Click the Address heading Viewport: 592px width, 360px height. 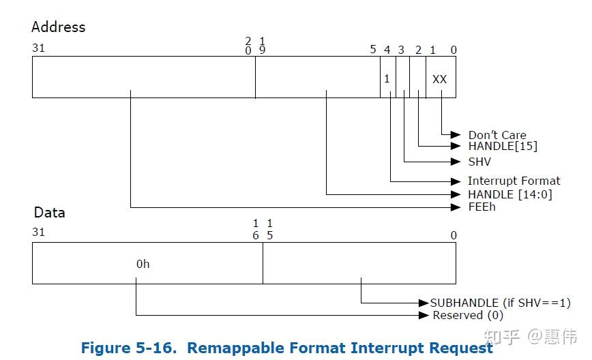[59, 27]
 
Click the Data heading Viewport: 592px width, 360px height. [49, 212]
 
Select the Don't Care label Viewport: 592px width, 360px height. [497, 135]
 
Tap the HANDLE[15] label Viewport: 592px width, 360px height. [503, 147]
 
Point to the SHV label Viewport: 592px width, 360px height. [479, 162]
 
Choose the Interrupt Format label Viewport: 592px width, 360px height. [514, 181]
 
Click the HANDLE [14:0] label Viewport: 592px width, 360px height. [509, 194]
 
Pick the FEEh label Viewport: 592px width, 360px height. [482, 207]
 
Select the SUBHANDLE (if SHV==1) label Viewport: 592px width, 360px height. [500, 303]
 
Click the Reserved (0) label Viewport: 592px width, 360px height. [467, 315]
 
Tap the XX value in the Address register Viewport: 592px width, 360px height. [439, 79]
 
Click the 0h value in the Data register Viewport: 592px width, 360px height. [143, 264]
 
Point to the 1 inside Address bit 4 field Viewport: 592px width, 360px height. [387, 79]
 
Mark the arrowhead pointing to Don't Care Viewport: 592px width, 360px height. [456, 135]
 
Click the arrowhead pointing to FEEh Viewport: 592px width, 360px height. [456, 207]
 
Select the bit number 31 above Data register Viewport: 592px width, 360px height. [38, 232]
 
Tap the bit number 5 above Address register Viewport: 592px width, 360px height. [373, 49]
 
